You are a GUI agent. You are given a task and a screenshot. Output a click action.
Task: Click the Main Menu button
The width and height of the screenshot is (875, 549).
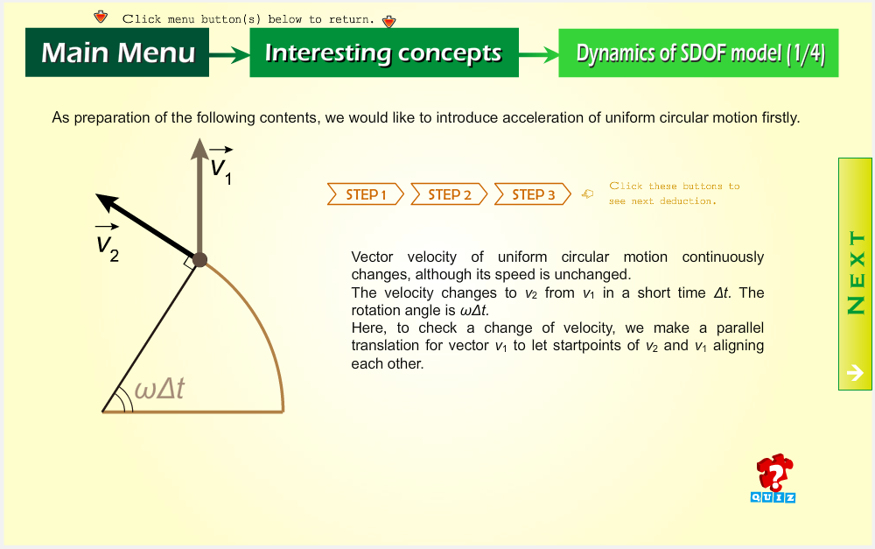point(117,53)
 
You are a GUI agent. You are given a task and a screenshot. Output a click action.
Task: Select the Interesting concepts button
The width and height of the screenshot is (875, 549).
point(384,53)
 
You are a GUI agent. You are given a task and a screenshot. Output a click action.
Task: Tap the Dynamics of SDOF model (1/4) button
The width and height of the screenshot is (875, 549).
point(698,53)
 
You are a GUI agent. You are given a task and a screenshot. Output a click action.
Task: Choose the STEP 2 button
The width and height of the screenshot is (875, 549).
point(449,194)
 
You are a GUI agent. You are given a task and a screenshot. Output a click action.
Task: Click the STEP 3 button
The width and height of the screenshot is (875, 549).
point(533,194)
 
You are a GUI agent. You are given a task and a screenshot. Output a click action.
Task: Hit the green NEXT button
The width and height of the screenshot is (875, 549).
point(855,274)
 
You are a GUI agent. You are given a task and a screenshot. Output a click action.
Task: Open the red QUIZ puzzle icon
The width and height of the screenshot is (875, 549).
point(773,478)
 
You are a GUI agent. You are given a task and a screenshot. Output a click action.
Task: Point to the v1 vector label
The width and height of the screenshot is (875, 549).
point(221,165)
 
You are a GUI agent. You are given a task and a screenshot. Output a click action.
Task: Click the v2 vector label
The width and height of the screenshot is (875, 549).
point(107,243)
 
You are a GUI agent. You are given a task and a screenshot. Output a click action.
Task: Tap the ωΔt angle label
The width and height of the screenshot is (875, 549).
point(159,388)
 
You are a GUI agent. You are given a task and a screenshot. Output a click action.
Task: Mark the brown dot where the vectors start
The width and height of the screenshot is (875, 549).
point(199,260)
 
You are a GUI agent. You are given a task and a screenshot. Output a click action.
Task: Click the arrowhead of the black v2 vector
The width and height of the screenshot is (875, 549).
point(106,201)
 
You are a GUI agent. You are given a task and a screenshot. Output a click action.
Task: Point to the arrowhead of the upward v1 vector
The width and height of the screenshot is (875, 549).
point(199,149)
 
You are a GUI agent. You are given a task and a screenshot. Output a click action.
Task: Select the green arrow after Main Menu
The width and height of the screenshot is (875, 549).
point(229,55)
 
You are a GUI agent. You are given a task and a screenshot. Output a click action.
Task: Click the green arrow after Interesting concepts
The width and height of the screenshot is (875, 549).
point(538,55)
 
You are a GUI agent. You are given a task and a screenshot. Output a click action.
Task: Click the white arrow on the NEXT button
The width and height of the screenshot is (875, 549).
point(855,372)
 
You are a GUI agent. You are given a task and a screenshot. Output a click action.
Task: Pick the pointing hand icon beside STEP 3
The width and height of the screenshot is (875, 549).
point(588,194)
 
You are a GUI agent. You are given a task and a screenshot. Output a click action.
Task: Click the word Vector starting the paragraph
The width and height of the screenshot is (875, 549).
point(372,257)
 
